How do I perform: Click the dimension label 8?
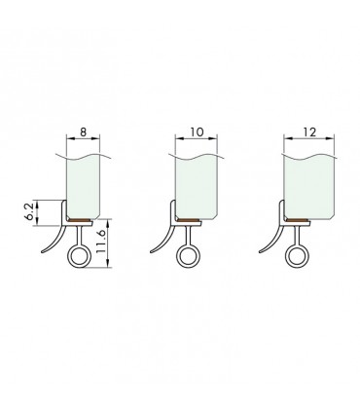(x=84, y=132)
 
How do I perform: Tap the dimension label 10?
(x=197, y=132)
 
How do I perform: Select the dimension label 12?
(x=309, y=132)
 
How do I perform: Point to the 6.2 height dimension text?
(x=30, y=212)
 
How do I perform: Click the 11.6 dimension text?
(x=100, y=242)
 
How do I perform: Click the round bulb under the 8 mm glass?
(x=79, y=256)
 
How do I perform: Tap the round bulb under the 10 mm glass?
(x=188, y=256)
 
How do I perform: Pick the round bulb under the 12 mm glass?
(x=297, y=256)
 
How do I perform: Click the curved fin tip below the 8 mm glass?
(x=43, y=252)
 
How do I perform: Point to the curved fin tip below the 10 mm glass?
(x=152, y=252)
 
